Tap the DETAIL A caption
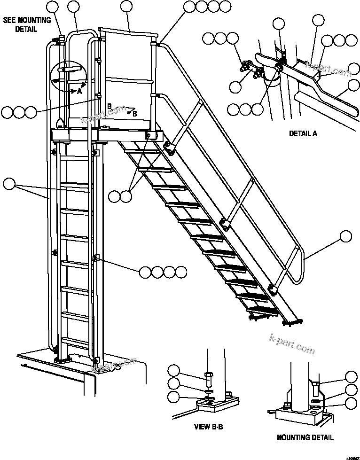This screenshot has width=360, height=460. click(x=303, y=133)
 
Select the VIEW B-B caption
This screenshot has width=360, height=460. click(x=208, y=427)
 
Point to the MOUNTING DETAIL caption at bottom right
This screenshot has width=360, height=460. click(x=305, y=437)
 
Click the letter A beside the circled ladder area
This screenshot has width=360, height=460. click(x=79, y=92)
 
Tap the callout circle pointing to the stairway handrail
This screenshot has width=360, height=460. click(x=345, y=236)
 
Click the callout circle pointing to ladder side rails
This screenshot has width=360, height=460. click(x=9, y=184)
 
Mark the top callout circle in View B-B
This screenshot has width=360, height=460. click(x=174, y=370)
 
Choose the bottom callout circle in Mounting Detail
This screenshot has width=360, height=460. click(x=351, y=403)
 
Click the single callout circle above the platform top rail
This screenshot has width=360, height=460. click(x=126, y=6)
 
